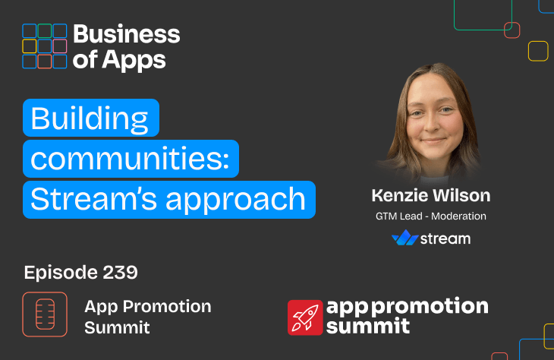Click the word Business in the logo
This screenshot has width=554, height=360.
point(127,34)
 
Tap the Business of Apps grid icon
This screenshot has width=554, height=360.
point(45,46)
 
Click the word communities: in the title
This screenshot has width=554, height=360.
point(130,159)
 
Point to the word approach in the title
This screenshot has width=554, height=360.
point(235,201)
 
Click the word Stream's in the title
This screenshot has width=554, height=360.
point(93,199)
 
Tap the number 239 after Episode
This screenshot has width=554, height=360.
point(120,273)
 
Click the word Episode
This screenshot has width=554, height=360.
point(61,273)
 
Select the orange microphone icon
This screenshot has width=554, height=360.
point(45,314)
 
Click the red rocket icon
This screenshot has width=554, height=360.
point(305,317)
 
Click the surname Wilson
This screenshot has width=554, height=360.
point(461,195)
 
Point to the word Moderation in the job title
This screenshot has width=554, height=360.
point(458,216)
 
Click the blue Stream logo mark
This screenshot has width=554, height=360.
point(405,238)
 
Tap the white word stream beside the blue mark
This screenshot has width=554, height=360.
point(445,238)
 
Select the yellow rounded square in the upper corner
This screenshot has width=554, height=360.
point(538,52)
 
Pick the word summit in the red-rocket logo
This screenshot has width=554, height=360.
point(368,326)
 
